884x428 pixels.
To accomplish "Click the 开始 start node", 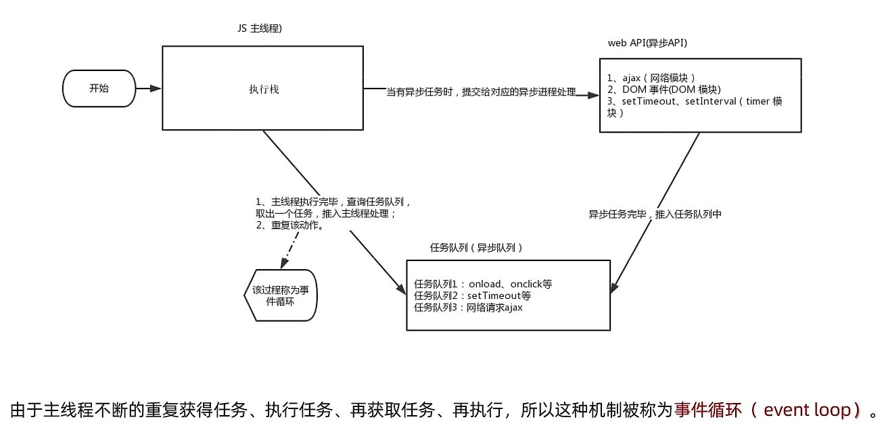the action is (99, 89).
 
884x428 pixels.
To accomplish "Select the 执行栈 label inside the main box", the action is (264, 89).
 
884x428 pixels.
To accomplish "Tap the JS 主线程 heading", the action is (260, 28).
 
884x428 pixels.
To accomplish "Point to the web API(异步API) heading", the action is (647, 43).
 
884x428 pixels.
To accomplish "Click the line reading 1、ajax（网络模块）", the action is (651, 78).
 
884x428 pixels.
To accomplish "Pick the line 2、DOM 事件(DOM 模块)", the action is (664, 89).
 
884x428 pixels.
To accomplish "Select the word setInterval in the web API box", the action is (711, 101).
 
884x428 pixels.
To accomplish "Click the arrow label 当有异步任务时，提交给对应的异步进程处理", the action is (481, 92).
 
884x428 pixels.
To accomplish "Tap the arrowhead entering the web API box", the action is (593, 95).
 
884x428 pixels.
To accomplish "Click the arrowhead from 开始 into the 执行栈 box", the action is (156, 89).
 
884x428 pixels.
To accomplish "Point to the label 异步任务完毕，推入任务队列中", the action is (655, 214).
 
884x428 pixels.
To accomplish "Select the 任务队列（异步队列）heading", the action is (476, 247).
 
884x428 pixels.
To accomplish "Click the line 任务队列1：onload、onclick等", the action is (483, 284).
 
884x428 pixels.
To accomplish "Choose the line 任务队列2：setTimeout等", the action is (472, 296).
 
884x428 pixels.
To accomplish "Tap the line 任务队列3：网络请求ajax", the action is (468, 308).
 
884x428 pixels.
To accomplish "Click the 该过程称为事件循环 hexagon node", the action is (281, 295).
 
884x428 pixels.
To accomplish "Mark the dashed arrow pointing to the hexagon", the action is (289, 250).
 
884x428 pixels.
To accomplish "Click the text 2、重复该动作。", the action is (290, 225).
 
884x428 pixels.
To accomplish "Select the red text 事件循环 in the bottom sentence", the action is (708, 410).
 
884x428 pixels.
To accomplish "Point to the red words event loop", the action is (807, 410).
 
